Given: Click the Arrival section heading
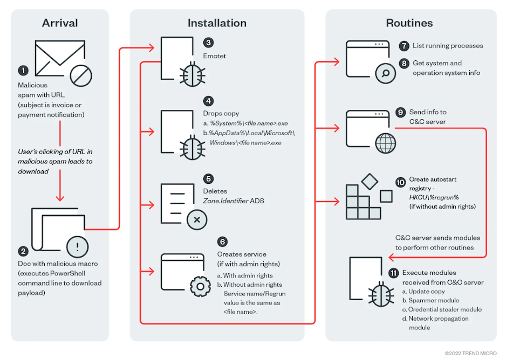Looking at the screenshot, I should click(59, 23).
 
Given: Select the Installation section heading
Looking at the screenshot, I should click(217, 23).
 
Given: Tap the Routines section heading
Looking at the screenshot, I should click(409, 23).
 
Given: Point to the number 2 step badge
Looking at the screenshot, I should click(23, 251).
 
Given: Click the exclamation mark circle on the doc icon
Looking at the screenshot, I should click(78, 247).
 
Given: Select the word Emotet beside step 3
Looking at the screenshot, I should click(215, 56).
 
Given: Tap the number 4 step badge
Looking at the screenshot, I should click(208, 101).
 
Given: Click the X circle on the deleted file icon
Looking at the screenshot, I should click(197, 220).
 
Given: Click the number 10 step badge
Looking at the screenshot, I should click(400, 183).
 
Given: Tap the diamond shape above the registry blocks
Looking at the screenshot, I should click(370, 182).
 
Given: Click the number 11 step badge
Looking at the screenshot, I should click(393, 273).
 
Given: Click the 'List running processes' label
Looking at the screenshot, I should click(448, 46).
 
